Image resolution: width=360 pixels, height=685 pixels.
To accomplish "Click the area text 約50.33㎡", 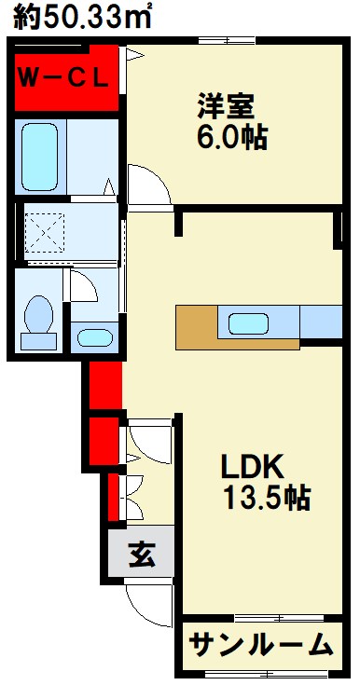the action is click(83, 17).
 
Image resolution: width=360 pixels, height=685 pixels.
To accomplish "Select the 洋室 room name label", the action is click(226, 106).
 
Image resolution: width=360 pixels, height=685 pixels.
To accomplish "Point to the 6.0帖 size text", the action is click(232, 138).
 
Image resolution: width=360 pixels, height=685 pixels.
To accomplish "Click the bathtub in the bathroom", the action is click(40, 157).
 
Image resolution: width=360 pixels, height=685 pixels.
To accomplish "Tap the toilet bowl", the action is click(39, 313).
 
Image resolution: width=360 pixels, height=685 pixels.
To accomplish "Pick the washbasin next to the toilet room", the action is click(95, 337).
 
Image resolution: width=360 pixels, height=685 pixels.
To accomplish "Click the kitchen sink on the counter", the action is click(248, 324).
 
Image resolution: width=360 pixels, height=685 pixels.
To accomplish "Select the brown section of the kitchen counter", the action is click(197, 327).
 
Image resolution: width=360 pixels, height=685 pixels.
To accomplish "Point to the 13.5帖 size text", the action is click(267, 498).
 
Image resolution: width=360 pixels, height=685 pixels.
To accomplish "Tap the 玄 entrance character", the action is click(142, 554).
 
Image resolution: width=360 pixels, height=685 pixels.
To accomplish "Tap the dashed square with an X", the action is click(45, 233).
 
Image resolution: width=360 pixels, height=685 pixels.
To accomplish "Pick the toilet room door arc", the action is click(89, 288).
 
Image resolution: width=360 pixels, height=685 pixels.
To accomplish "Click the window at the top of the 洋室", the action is click(227, 41).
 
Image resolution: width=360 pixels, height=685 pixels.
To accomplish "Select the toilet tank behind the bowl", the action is click(38, 341).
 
